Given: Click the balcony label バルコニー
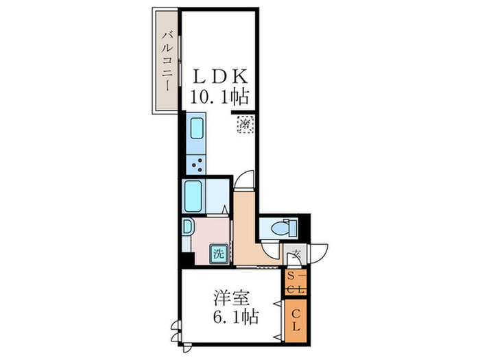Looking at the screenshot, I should click(x=167, y=60).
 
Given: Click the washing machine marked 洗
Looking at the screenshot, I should click(x=218, y=253).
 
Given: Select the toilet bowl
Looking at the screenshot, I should click(x=280, y=227).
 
